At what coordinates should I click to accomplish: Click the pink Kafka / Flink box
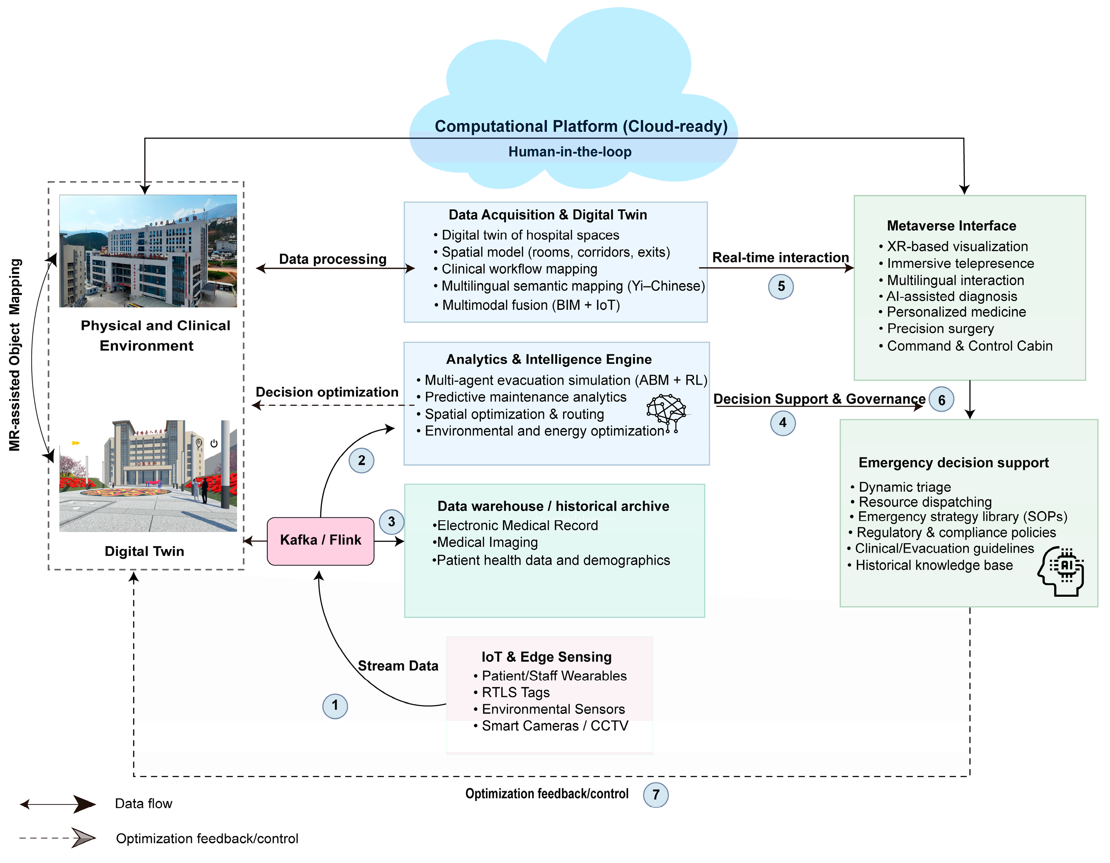click(321, 541)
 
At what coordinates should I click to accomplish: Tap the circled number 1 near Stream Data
click(335, 706)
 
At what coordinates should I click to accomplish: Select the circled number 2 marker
click(361, 460)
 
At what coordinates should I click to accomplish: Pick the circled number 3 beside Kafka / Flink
click(391, 522)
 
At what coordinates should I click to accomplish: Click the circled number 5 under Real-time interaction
click(781, 287)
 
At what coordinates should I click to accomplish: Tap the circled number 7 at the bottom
click(655, 795)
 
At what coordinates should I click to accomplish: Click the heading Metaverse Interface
click(951, 225)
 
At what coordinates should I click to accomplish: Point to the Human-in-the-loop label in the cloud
click(570, 152)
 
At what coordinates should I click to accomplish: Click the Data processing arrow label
click(333, 259)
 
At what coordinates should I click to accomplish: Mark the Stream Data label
click(398, 666)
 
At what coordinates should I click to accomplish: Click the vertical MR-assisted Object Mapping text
click(15, 355)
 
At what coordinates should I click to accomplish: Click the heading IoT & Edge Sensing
click(547, 657)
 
